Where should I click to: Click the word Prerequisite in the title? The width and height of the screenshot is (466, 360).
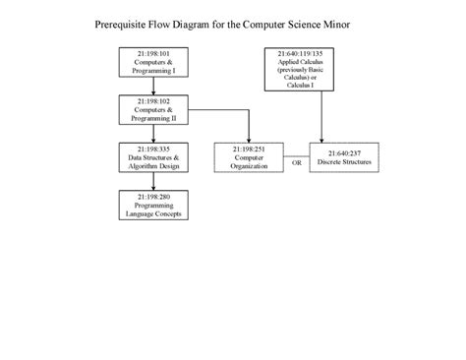[128, 22]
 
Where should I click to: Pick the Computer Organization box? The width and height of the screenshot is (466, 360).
[249, 157]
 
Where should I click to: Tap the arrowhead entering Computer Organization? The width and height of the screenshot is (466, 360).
[249, 139]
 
